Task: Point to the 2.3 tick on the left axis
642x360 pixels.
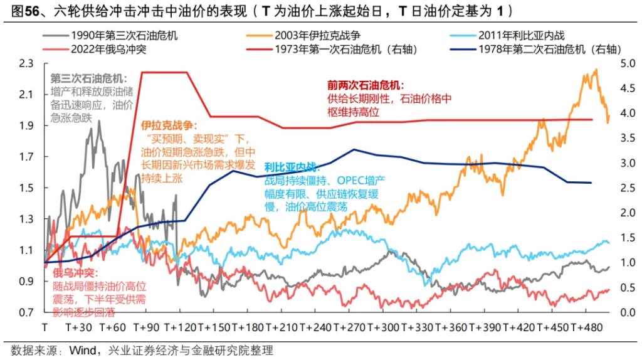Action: coord(27,63)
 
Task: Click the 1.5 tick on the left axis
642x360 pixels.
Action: coord(27,188)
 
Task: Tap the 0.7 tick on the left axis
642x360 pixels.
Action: coord(27,312)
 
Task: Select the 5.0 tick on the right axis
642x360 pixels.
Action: coord(628,63)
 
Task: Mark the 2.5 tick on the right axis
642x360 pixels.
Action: coord(628,188)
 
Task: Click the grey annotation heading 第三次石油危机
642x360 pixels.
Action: coord(88,79)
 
